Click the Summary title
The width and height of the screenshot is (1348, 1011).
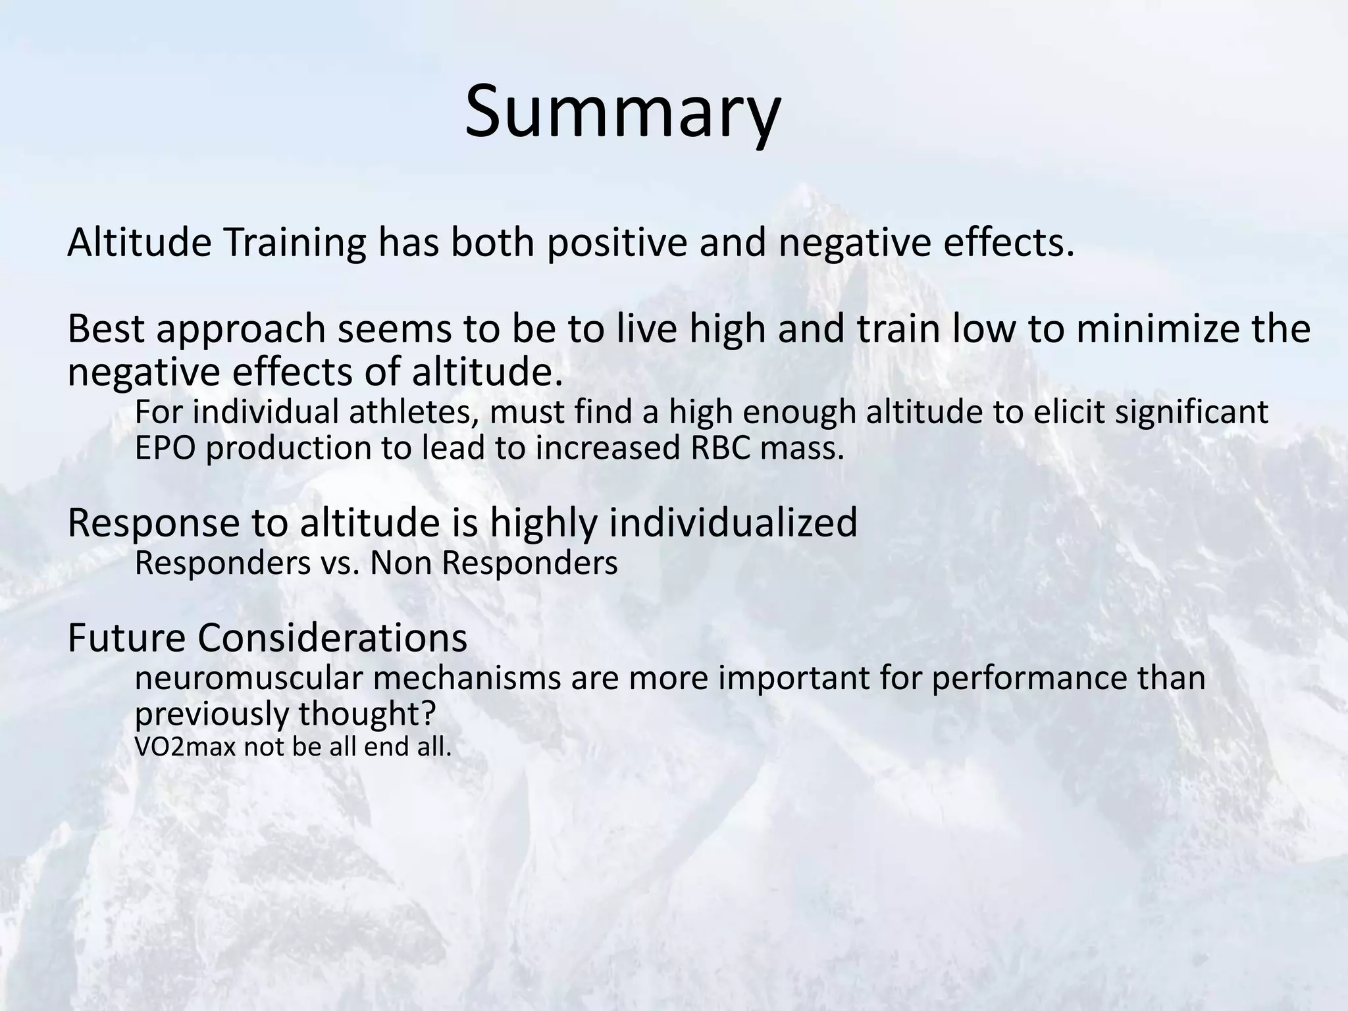tap(622, 112)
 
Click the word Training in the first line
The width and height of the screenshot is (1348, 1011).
tap(294, 243)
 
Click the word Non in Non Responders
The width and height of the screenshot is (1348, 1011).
tap(400, 563)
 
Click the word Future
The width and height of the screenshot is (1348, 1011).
tap(124, 638)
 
